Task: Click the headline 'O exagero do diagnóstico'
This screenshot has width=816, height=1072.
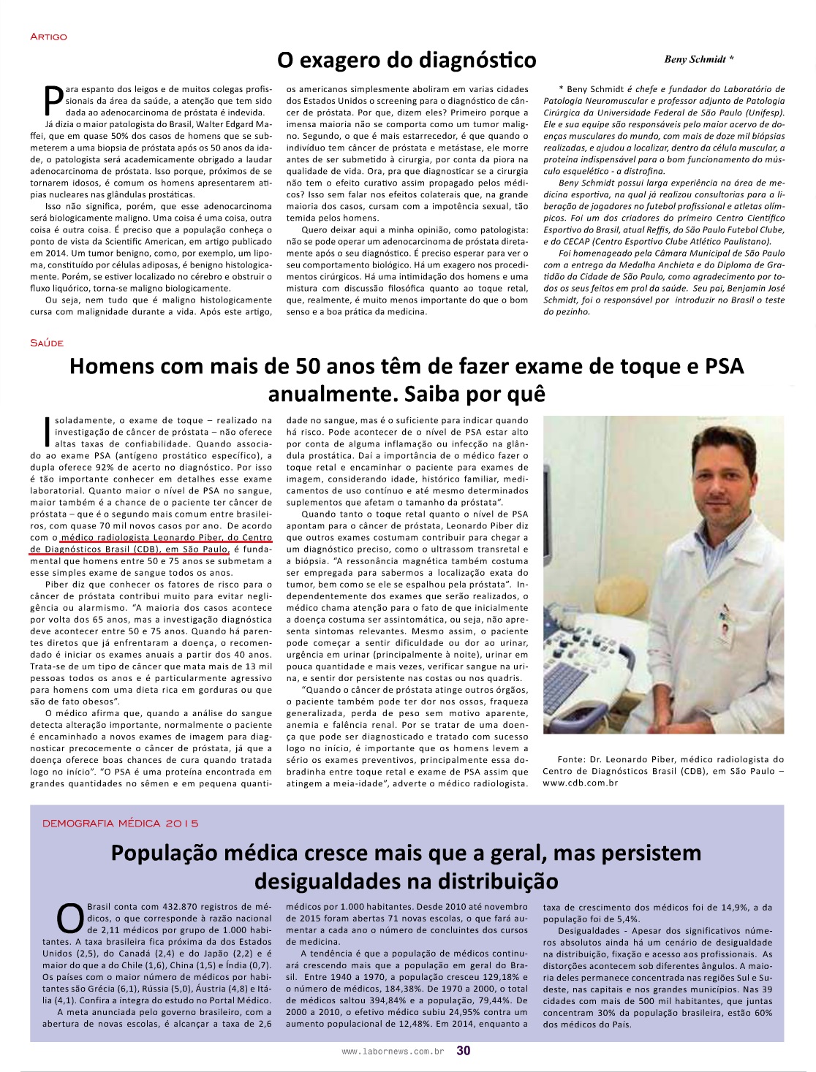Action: point(407,59)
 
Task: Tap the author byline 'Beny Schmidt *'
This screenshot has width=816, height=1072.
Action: point(698,59)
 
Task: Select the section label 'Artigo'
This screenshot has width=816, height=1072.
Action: point(48,37)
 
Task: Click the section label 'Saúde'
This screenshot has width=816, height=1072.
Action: point(47,343)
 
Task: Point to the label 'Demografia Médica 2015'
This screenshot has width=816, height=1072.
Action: point(121,823)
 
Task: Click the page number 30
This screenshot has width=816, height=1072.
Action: point(464,1051)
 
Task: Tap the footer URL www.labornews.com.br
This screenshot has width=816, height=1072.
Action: point(393,1052)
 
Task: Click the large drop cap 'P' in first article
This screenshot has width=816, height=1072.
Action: point(53,101)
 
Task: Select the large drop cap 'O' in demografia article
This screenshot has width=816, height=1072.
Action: point(70,919)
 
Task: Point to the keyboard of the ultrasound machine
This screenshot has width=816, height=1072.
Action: point(578,680)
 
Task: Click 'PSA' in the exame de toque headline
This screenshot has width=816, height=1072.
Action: point(724,365)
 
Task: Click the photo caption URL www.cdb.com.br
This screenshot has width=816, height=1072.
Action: point(581,783)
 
